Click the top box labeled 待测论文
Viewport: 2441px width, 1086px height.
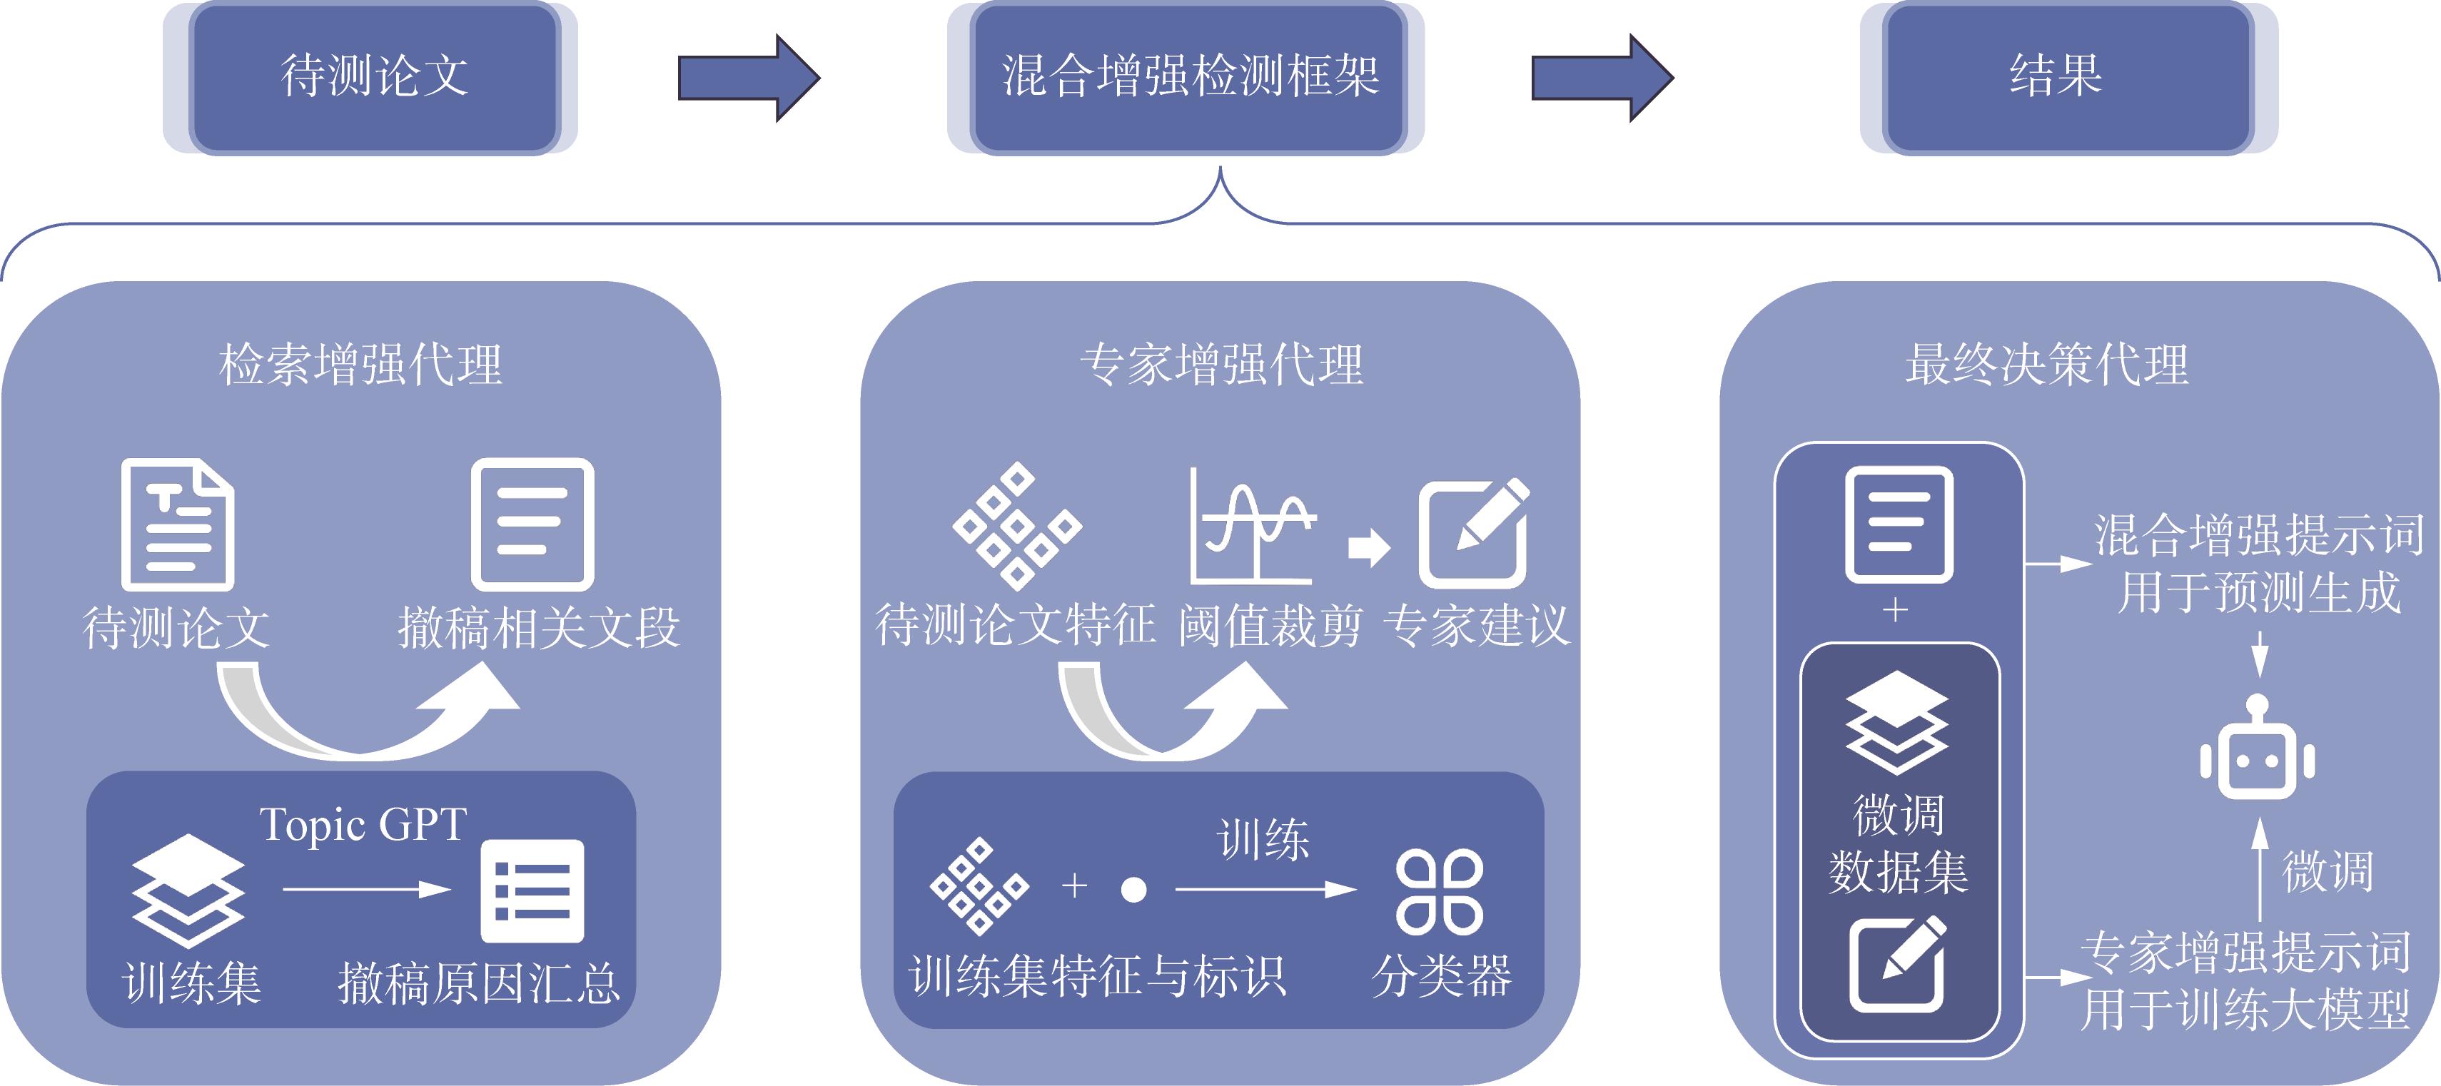374,77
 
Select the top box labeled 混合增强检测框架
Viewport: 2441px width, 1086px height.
1188,77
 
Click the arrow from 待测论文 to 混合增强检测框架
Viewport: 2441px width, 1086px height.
748,78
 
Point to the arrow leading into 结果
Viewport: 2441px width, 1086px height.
1602,78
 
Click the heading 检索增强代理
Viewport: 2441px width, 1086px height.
360,365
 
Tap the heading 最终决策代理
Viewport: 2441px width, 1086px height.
2047,365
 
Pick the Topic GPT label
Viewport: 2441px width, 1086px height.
363,824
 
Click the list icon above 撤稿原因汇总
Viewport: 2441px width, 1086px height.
532,890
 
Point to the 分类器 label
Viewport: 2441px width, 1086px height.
1441,975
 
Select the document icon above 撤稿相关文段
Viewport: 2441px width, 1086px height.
532,524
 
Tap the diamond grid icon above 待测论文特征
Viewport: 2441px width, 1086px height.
1017,525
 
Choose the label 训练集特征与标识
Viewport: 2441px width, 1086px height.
1097,975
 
